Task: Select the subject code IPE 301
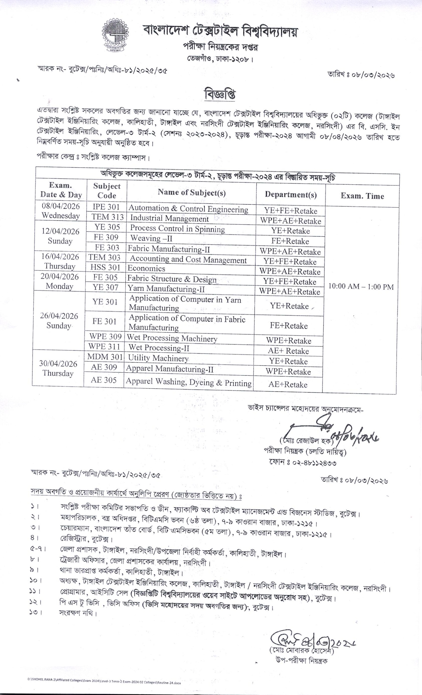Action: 106,207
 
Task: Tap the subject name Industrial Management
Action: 169,218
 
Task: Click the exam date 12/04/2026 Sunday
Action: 60,236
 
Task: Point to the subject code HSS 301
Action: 105,267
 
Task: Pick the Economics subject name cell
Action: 146,268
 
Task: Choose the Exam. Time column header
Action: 362,196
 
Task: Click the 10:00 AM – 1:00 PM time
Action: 361,287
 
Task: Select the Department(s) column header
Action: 291,195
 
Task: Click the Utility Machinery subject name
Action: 158,358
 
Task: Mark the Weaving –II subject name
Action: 151,238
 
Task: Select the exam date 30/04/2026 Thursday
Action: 58,368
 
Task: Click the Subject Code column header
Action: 107,191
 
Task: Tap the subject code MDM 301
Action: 105,357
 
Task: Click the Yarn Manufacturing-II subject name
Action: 166,289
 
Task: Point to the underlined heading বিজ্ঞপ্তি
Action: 220,95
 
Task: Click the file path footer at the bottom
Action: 104,683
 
